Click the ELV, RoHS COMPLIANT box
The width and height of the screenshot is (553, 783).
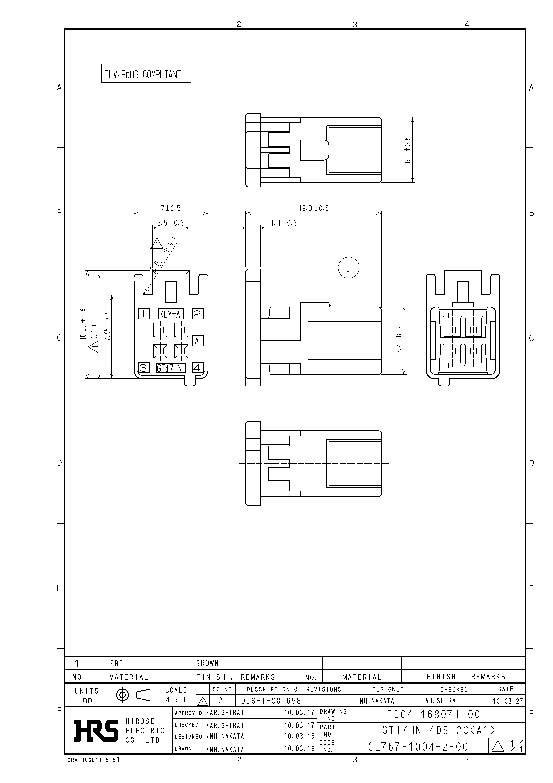point(146,74)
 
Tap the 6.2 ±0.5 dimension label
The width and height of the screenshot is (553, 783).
point(408,150)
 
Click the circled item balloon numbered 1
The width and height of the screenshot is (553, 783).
point(348,268)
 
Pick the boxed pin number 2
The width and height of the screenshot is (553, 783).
point(198,314)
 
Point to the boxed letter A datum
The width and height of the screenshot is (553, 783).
point(198,341)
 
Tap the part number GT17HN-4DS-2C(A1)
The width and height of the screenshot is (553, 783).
point(438,730)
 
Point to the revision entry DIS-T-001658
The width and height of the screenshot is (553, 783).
point(271,701)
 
